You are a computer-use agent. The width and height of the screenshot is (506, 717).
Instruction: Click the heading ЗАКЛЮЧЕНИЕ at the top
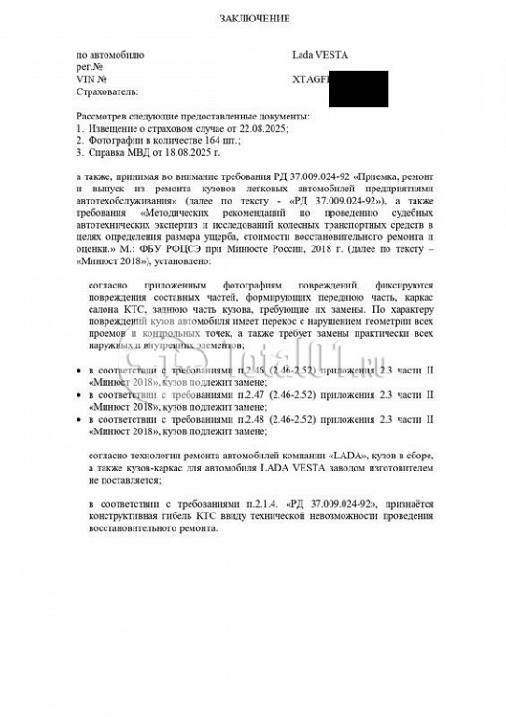point(254,19)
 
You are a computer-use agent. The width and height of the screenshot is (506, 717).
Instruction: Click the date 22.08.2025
point(264,127)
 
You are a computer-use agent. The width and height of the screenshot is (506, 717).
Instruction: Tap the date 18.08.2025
point(190,151)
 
